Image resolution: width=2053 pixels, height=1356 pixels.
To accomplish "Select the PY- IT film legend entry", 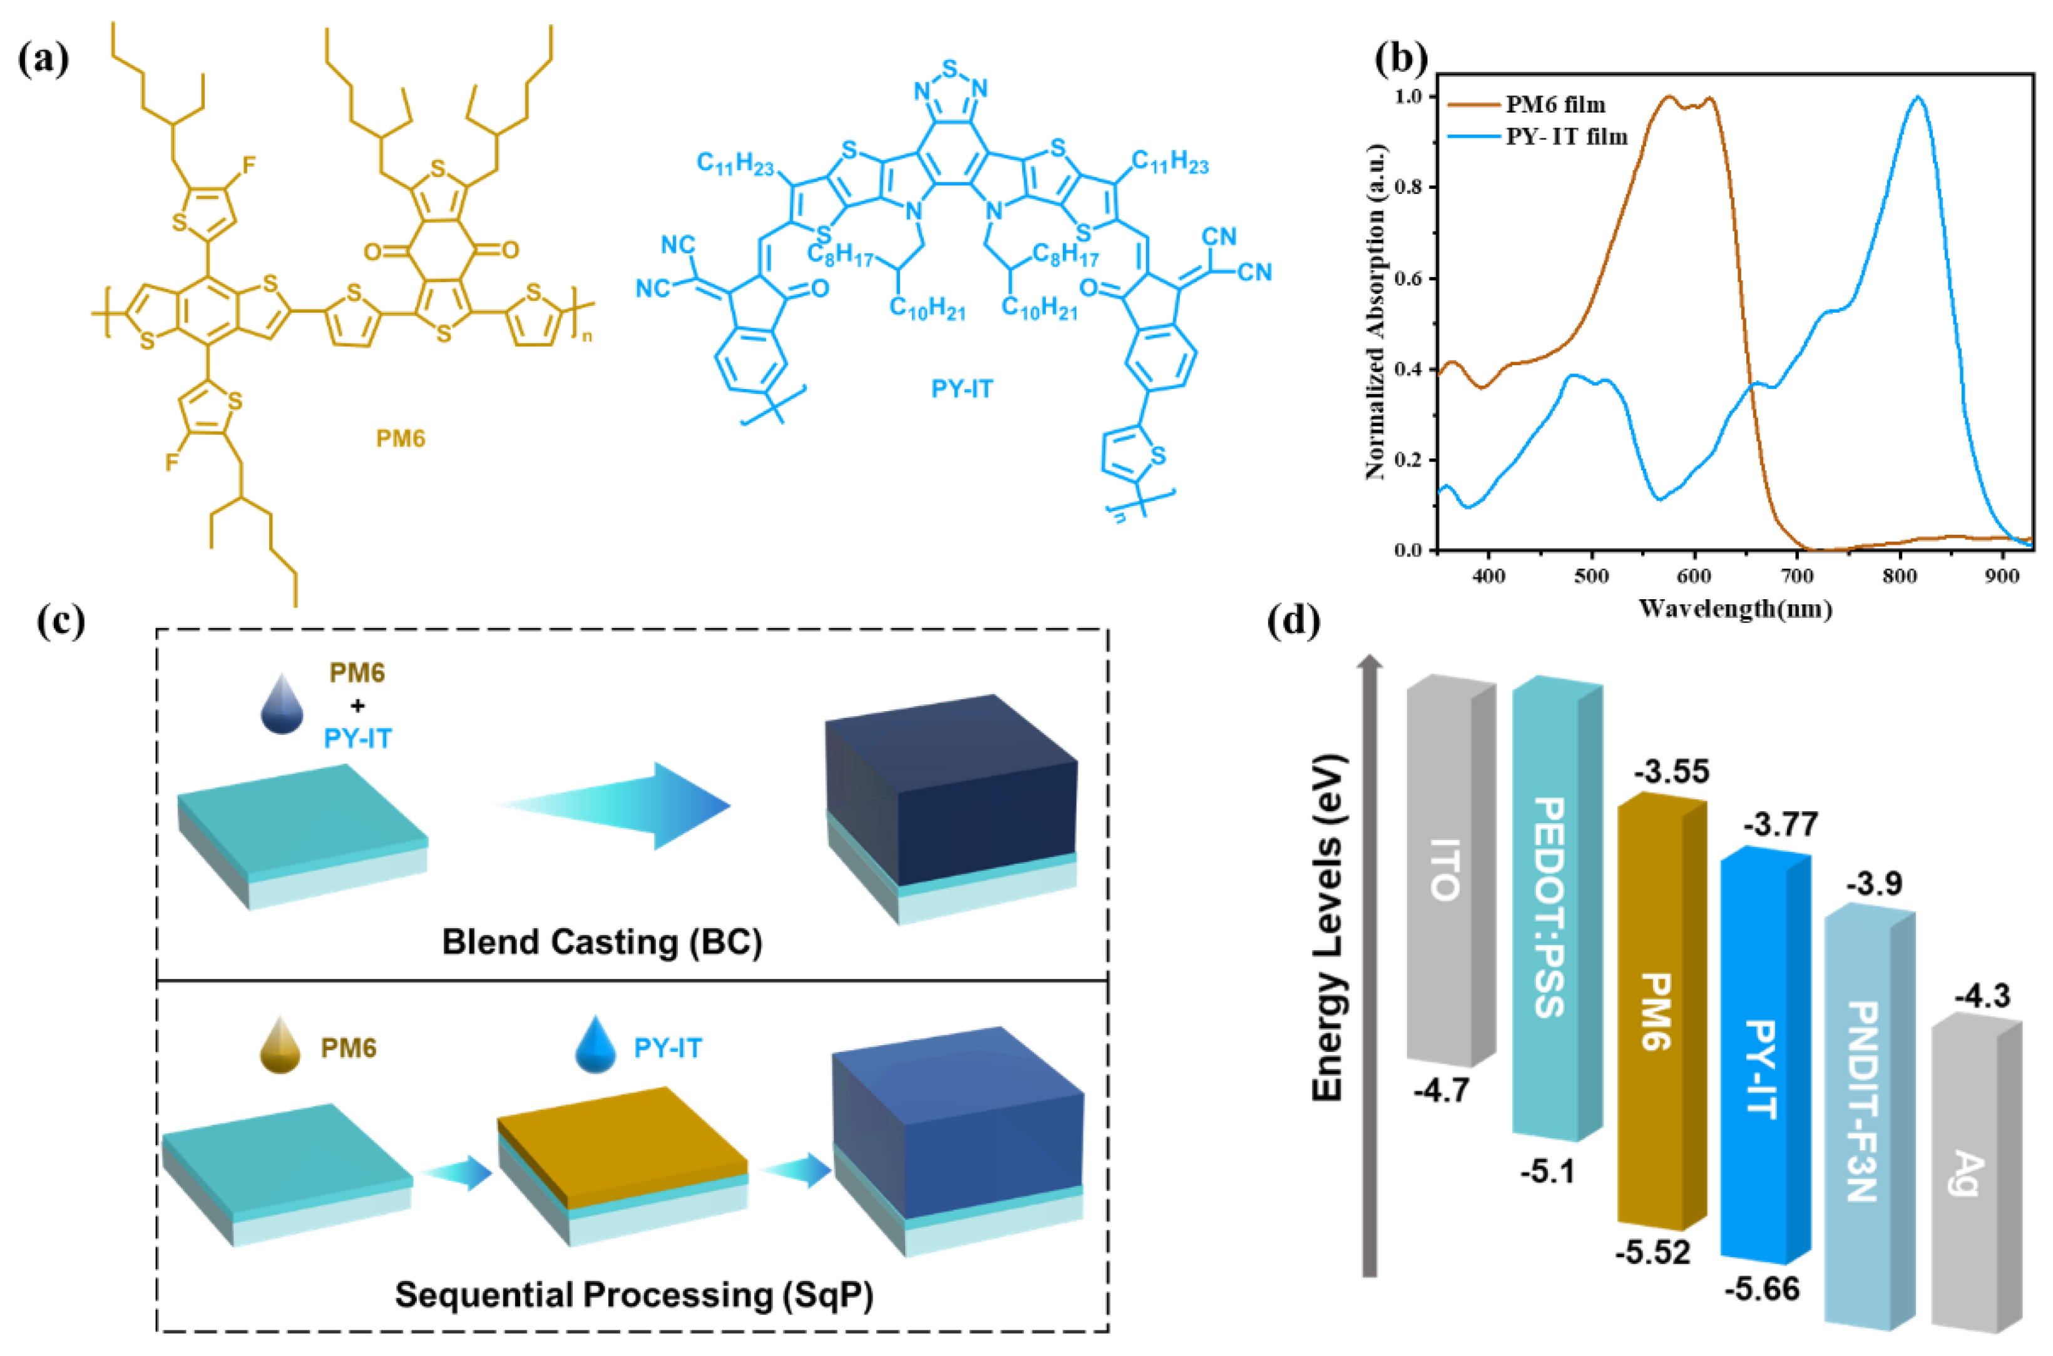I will point(1566,136).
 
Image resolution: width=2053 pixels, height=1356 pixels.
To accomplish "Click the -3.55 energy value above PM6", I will point(1671,771).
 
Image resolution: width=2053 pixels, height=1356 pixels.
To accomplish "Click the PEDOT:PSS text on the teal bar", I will point(1548,908).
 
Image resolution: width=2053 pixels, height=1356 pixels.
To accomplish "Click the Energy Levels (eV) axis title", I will point(1328,929).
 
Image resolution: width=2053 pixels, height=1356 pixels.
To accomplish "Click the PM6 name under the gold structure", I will point(401,438).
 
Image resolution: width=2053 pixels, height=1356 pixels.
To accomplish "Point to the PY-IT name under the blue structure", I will point(962,388).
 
